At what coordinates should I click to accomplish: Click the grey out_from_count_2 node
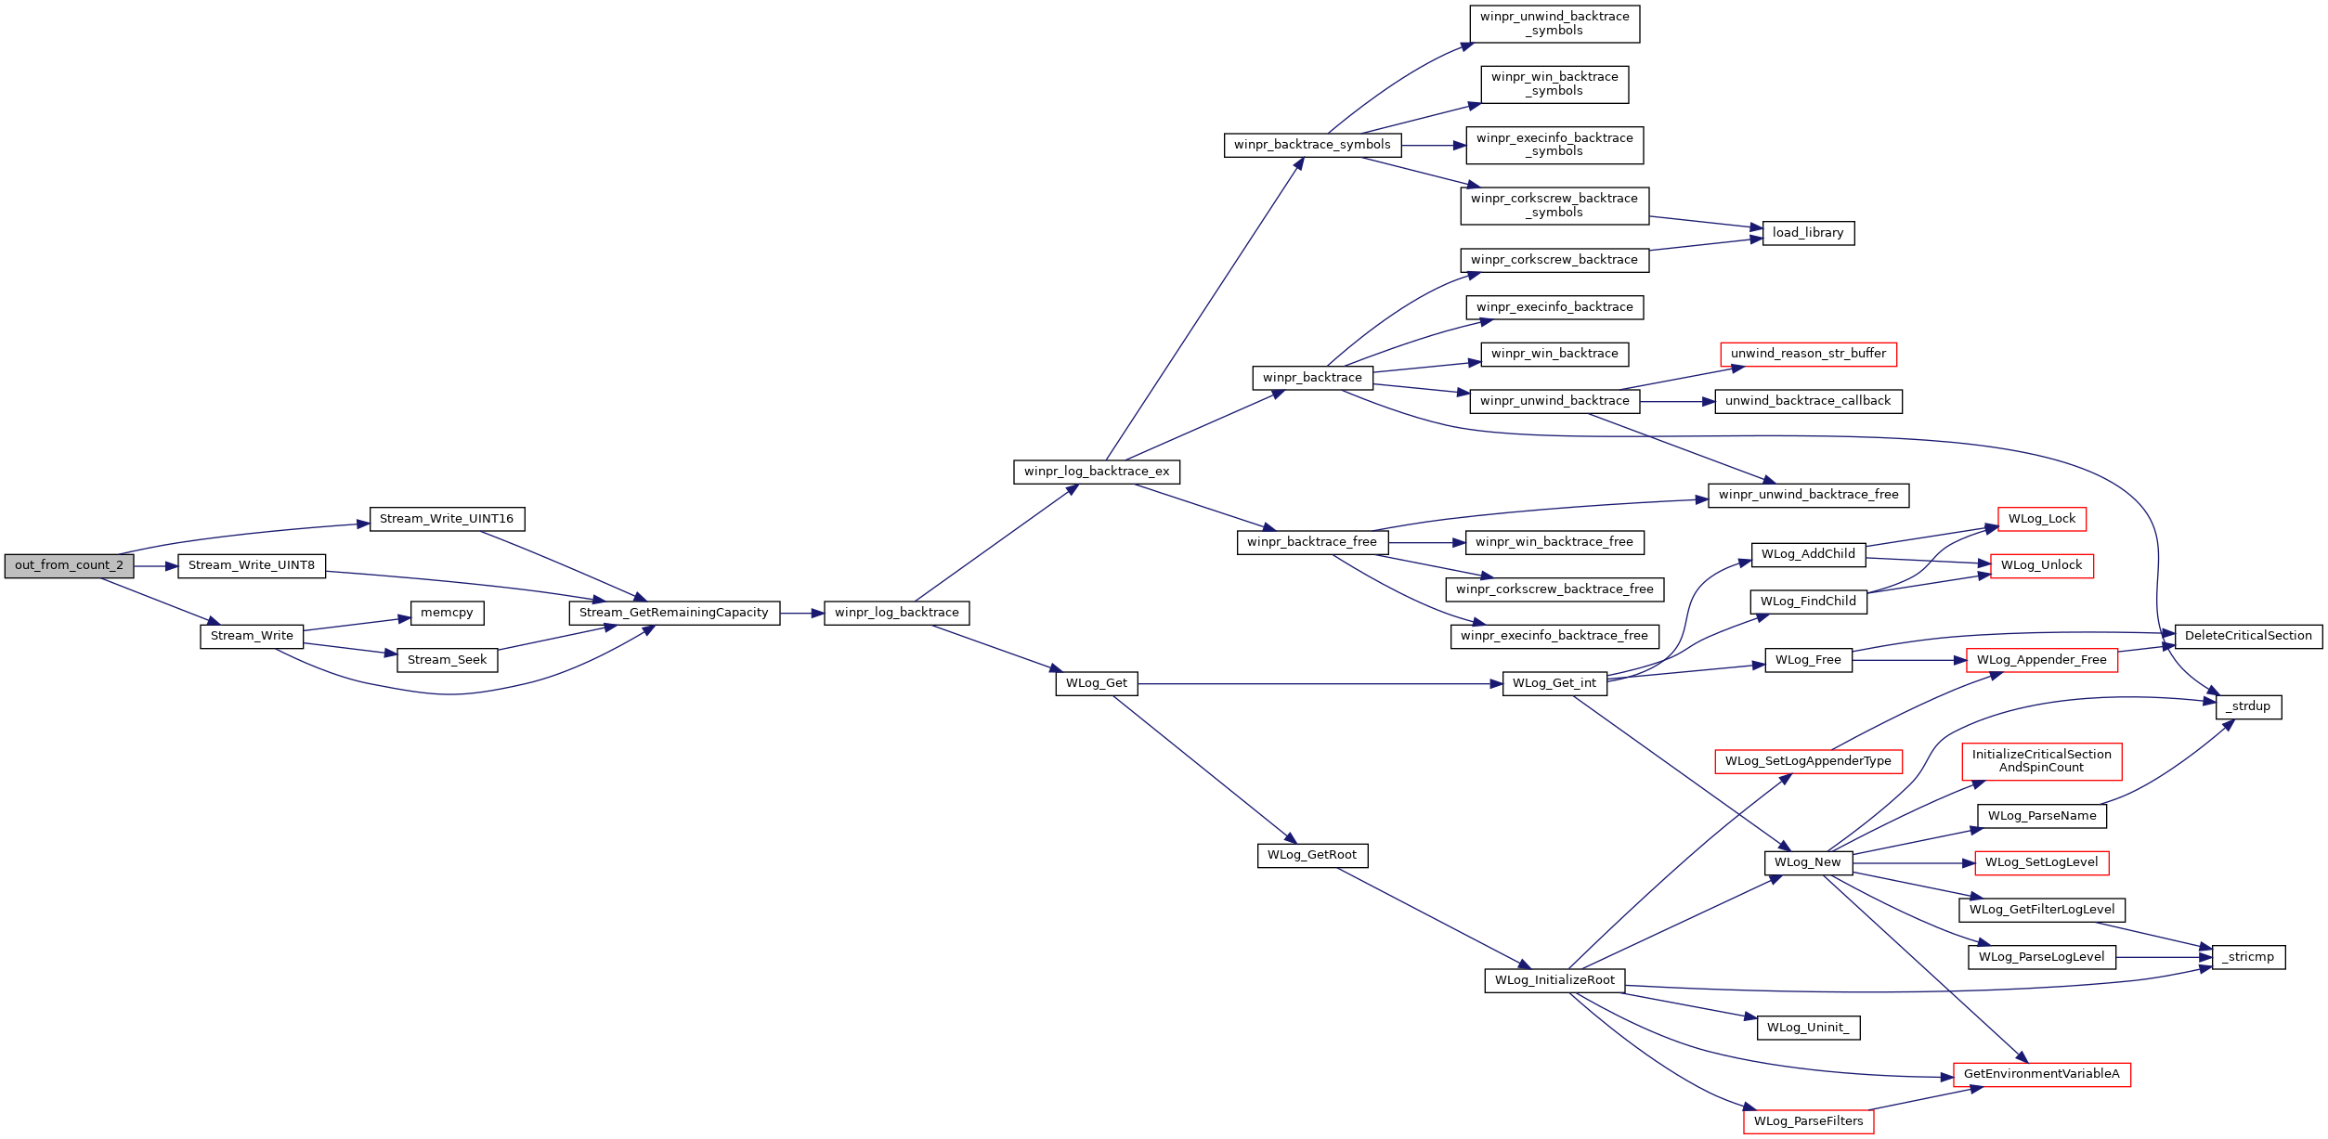tap(69, 565)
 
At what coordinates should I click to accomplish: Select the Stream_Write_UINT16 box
tap(447, 519)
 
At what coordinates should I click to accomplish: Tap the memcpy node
tap(447, 613)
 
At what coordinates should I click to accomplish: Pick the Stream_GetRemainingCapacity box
tap(673, 613)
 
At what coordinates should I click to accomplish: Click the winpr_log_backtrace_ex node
tap(1096, 472)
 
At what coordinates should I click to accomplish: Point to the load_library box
tap(1807, 233)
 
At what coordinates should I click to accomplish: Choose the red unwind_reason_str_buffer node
tap(1807, 354)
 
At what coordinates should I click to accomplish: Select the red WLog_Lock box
tap(2041, 519)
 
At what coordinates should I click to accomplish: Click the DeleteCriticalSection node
tap(2247, 636)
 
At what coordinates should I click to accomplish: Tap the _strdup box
tap(2247, 706)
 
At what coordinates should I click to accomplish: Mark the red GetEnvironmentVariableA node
tap(2041, 1074)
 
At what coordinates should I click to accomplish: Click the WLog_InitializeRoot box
tap(1554, 980)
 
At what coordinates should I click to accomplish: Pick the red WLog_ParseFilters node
tap(1807, 1121)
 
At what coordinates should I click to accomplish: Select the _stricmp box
tap(2247, 957)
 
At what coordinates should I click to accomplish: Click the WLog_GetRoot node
tap(1311, 855)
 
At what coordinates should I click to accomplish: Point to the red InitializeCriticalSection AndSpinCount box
tap(2041, 761)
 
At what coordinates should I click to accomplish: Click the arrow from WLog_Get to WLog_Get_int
tap(1319, 684)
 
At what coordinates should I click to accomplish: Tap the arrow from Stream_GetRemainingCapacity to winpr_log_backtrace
tap(801, 613)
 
